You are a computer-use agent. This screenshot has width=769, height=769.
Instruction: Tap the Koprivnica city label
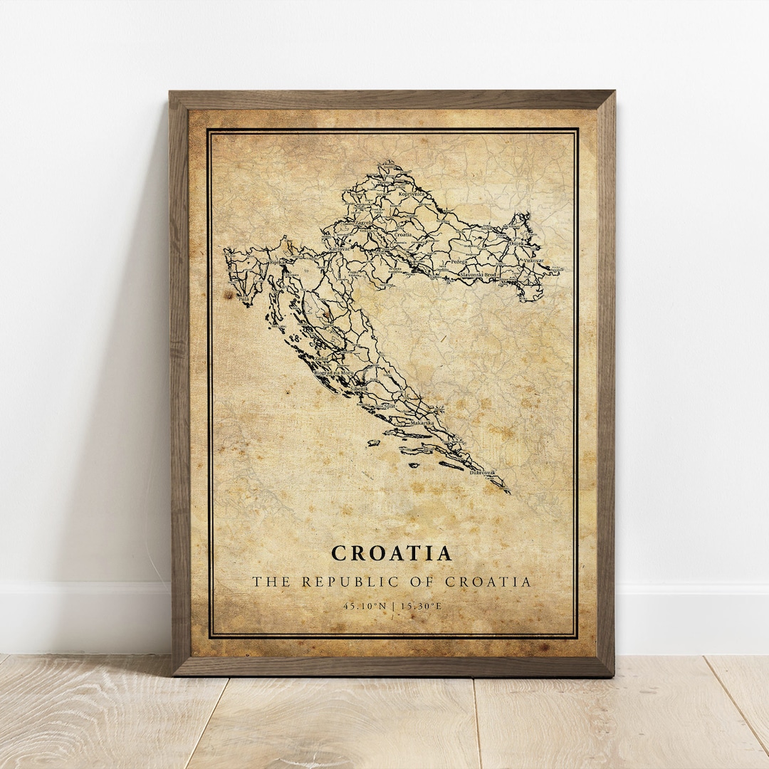[x=412, y=193]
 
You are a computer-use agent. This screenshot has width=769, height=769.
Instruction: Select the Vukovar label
[x=533, y=261]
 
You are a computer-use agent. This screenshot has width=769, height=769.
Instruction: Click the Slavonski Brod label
[x=477, y=274]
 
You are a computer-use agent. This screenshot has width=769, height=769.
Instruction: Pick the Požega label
[x=459, y=261]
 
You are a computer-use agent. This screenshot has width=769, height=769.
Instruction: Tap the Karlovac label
[x=339, y=249]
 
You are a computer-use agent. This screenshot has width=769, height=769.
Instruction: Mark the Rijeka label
[x=277, y=262]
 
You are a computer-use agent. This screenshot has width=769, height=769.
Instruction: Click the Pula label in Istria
[x=244, y=300]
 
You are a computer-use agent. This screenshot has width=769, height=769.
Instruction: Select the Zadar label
[x=322, y=358]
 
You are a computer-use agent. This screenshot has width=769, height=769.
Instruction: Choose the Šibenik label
[x=360, y=389]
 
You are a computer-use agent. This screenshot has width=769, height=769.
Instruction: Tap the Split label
[x=389, y=405]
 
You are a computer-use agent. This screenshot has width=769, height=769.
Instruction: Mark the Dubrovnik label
[x=482, y=472]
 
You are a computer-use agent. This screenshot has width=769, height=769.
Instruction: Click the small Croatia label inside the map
[x=402, y=234]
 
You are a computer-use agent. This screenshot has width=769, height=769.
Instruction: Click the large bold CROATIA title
[x=392, y=553]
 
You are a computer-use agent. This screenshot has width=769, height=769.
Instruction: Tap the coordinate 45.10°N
[x=364, y=606]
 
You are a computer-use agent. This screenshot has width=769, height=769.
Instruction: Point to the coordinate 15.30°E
[x=421, y=606]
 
